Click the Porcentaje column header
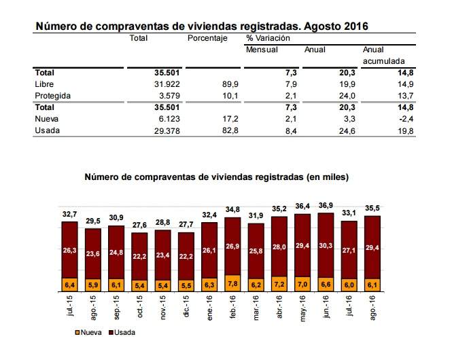[x=207, y=38]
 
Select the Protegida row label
[x=53, y=96]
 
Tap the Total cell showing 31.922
[x=167, y=84]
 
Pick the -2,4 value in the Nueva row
[x=406, y=119]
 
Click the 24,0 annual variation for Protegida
[x=347, y=96]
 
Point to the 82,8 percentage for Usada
[x=230, y=130]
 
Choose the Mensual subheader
[x=262, y=50]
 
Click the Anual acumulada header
[x=383, y=55]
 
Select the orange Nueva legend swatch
[x=77, y=333]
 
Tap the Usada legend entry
[x=122, y=333]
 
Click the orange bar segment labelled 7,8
[x=232, y=283]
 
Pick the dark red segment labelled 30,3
[x=326, y=245]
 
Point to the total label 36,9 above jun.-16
[x=326, y=206]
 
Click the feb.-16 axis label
[x=233, y=307]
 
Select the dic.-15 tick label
[x=186, y=306]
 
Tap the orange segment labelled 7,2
[x=279, y=284]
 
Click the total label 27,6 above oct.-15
[x=139, y=225]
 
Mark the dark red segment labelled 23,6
[x=93, y=254]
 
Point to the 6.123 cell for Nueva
[x=169, y=119]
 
